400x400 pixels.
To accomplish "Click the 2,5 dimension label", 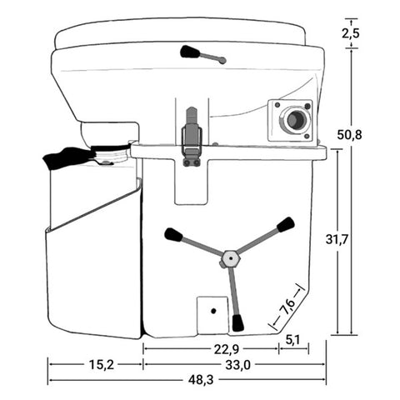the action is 350,33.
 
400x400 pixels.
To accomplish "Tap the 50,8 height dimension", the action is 349,135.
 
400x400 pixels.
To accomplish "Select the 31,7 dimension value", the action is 337,239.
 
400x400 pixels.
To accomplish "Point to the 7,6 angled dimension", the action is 287,307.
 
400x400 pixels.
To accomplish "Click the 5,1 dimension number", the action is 292,340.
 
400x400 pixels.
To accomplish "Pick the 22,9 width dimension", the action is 227,349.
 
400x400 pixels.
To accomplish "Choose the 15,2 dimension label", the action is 102,365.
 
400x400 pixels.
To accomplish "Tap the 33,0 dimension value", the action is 237,365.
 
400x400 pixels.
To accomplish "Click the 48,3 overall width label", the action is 201,380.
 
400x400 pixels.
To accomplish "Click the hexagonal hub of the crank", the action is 230,258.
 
